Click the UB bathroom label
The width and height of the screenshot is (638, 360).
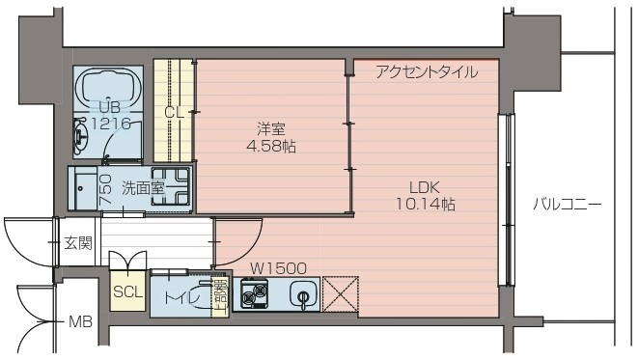click(106, 107)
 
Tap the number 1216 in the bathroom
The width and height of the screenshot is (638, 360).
click(108, 125)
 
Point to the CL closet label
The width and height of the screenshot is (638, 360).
click(174, 112)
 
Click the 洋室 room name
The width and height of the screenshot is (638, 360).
click(270, 128)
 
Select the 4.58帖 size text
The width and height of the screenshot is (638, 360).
click(270, 147)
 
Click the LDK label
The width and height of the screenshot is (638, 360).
click(425, 187)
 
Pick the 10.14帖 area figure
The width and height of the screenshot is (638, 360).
click(425, 205)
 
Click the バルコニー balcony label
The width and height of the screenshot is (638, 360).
click(568, 205)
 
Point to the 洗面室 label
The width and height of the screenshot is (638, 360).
click(144, 188)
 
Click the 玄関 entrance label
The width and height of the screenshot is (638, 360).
click(77, 242)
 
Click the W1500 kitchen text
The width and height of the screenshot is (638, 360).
click(278, 268)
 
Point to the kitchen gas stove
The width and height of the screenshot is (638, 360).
click(256, 295)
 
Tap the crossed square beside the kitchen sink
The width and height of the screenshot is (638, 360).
click(340, 294)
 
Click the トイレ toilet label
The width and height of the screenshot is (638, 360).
click(183, 298)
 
